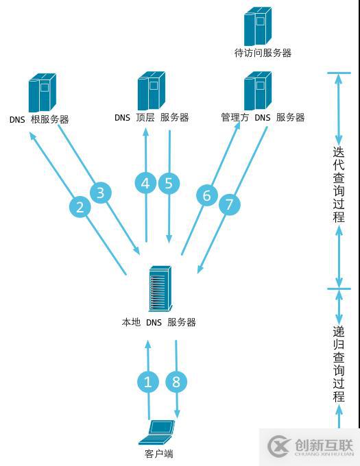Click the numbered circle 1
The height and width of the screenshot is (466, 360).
pyautogui.click(x=147, y=381)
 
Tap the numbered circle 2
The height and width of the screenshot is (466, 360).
pyautogui.click(x=81, y=207)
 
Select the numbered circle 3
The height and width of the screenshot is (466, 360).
pyautogui.click(x=101, y=193)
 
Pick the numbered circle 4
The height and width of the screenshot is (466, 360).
pyautogui.click(x=145, y=183)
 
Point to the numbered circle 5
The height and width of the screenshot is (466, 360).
pyautogui.click(x=169, y=183)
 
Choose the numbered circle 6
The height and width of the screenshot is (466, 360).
pyautogui.click(x=207, y=195)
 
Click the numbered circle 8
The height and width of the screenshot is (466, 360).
pyautogui.click(x=176, y=381)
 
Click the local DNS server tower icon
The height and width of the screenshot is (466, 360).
pyautogui.click(x=160, y=289)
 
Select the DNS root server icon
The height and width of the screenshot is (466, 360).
pyautogui.click(x=41, y=93)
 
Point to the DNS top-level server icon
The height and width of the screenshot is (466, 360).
pyautogui.click(x=151, y=90)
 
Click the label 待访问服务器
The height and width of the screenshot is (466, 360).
pyautogui.click(x=263, y=53)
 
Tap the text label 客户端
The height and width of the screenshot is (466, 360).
pyautogui.click(x=159, y=454)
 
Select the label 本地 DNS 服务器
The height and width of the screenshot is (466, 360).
pyautogui.click(x=159, y=322)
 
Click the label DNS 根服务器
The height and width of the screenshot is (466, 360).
pyautogui.click(x=39, y=119)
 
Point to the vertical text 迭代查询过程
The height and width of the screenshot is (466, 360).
pyautogui.click(x=339, y=185)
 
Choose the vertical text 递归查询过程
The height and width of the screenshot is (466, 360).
pyautogui.click(x=339, y=363)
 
